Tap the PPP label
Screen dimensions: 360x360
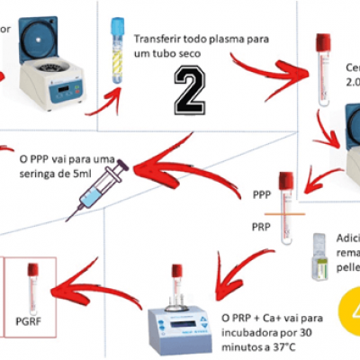pyautogui.click(x=262, y=193)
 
